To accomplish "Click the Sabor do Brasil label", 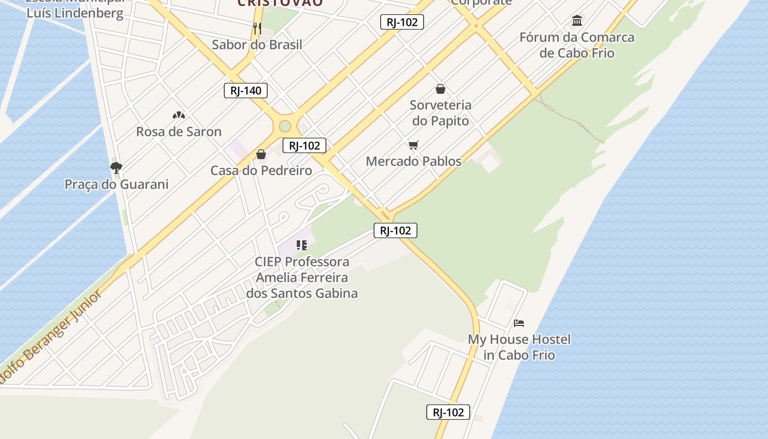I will click(x=257, y=45).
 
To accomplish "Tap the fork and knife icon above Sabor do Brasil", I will click(x=257, y=28).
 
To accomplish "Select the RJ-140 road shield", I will click(x=246, y=91).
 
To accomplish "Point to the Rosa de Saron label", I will click(x=179, y=132).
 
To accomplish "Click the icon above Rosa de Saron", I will click(x=179, y=115).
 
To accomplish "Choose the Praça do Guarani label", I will click(x=116, y=184).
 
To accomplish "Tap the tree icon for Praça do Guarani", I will click(x=116, y=167).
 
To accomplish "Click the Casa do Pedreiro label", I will click(x=261, y=171).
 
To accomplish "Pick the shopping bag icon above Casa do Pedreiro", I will click(x=261, y=154).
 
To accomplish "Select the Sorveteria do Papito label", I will click(x=441, y=113).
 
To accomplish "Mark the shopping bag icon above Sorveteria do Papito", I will click(x=441, y=89).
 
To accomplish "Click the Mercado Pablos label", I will click(x=414, y=161).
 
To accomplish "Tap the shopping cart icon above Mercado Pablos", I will click(x=414, y=145).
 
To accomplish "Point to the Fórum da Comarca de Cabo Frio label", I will click(x=577, y=46).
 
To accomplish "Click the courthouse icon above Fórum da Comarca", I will click(x=577, y=21).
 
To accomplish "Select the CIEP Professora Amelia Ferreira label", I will click(x=302, y=277).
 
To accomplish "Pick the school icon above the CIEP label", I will click(x=302, y=245).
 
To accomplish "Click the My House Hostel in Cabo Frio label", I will click(x=519, y=347).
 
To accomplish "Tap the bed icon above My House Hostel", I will click(x=519, y=323).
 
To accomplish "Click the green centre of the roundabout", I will click(x=285, y=126).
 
